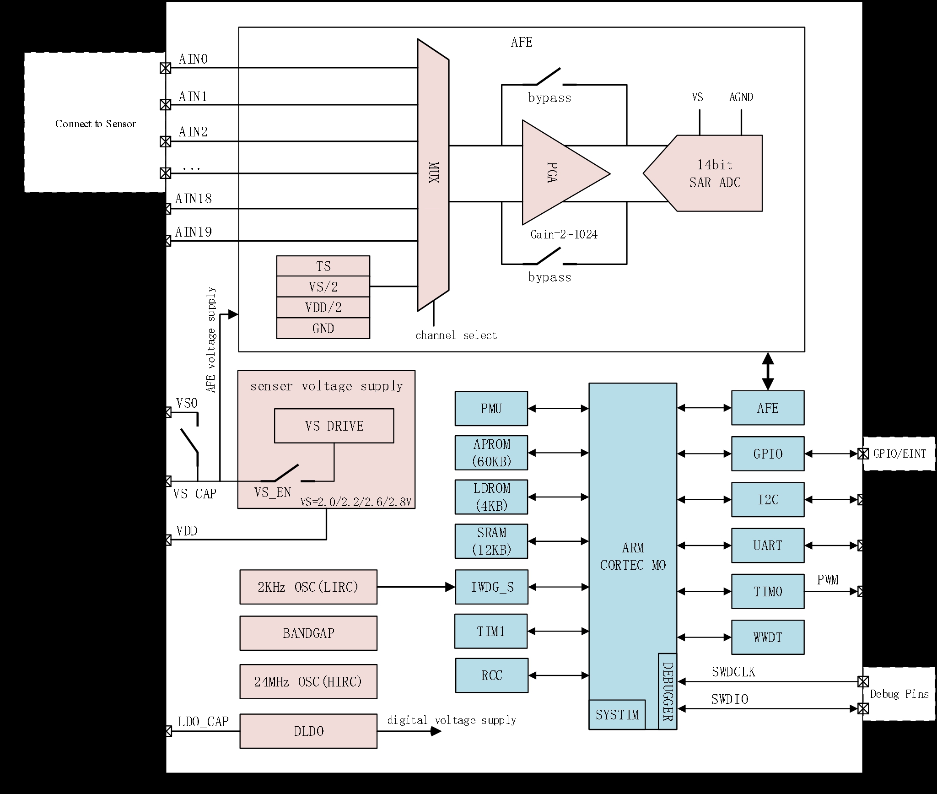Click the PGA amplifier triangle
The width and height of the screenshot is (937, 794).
(x=556, y=173)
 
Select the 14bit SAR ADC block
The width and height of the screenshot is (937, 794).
(x=714, y=173)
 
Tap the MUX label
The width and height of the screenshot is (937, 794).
(x=433, y=173)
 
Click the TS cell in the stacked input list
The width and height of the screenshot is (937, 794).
(x=323, y=266)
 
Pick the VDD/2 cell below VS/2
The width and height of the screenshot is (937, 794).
(x=323, y=308)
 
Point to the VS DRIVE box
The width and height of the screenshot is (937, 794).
(x=334, y=426)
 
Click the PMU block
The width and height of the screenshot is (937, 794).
(x=491, y=409)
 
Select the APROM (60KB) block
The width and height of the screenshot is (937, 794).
(x=491, y=453)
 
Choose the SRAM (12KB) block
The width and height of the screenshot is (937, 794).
(x=491, y=541)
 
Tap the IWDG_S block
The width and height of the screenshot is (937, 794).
(x=492, y=587)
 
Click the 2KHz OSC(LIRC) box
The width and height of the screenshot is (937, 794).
(x=308, y=587)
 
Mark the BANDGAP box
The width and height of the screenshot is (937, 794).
(x=308, y=633)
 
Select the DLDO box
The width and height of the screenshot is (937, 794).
(x=308, y=731)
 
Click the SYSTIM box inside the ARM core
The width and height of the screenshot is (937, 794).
(x=617, y=715)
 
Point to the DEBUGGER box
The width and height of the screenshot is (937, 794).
(x=668, y=691)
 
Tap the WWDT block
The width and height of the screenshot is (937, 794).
(x=768, y=637)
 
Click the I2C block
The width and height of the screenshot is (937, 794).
(x=768, y=500)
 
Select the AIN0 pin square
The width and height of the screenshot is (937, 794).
(x=165, y=68)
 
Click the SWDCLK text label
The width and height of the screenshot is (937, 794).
(x=733, y=672)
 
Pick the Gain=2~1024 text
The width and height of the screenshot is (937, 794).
(x=564, y=235)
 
